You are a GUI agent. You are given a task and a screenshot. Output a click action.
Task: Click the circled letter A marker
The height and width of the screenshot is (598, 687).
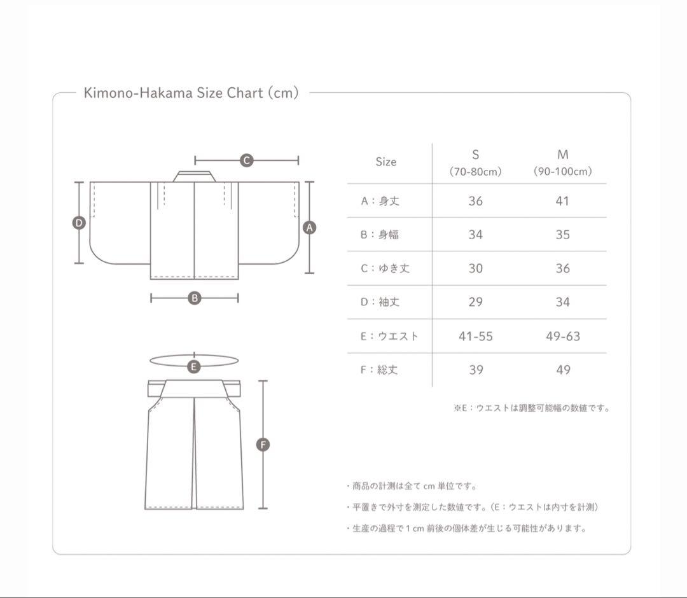(309, 227)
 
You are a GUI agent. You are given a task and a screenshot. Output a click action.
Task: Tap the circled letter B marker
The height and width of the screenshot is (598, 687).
(194, 298)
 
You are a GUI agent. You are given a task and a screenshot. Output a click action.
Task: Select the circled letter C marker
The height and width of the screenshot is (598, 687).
(247, 160)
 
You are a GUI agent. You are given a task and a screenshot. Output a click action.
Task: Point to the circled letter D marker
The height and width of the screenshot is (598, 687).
(79, 223)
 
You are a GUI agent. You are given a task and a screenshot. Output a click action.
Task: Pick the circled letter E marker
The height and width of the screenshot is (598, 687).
(193, 366)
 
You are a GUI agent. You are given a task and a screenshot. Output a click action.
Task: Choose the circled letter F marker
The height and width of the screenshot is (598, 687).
(263, 445)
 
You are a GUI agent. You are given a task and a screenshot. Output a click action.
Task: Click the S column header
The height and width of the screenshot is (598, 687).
(475, 162)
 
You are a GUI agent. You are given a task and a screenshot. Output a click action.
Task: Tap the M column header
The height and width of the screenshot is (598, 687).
(562, 162)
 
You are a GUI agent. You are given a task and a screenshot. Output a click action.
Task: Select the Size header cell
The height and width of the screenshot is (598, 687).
(386, 162)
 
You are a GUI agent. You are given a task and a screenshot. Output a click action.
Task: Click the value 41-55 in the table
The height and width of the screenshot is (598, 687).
(476, 336)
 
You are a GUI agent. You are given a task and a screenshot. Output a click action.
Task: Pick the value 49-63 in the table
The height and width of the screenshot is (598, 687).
(563, 336)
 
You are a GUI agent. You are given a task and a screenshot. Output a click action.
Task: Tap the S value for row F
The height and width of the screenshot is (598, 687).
(476, 370)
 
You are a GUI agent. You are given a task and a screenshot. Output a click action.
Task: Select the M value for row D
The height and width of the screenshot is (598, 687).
(563, 302)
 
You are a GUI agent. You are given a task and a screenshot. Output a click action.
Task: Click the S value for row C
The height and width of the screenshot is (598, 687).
(476, 268)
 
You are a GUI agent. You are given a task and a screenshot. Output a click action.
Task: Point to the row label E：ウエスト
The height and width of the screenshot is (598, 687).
(389, 336)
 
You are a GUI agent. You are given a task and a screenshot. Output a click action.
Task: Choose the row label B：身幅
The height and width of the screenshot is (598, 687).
(379, 235)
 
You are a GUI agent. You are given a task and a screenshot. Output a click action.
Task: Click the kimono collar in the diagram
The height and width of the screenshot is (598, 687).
(195, 176)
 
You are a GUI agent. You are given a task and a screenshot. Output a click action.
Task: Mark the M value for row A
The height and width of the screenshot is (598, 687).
(562, 201)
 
